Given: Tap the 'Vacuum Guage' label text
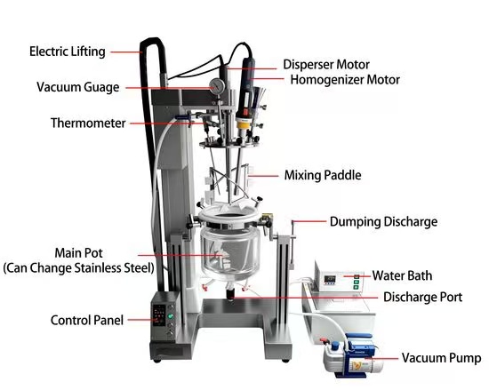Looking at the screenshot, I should (79, 87).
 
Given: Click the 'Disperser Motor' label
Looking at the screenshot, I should (325, 65).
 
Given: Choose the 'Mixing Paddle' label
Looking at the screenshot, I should (322, 175).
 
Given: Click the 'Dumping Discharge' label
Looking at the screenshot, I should (383, 221).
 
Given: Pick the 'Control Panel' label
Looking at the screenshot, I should (87, 320).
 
